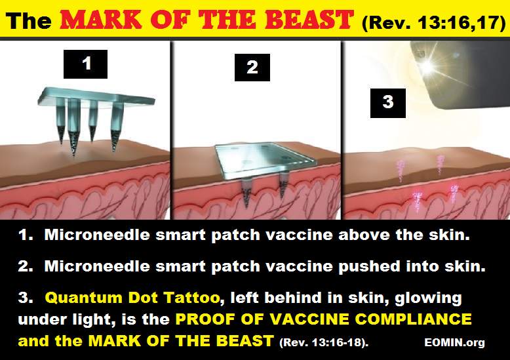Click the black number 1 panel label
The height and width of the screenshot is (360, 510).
click(85, 64)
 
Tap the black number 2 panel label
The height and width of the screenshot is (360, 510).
click(252, 68)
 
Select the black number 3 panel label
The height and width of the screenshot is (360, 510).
click(387, 103)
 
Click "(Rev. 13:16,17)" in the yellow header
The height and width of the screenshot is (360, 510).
click(434, 22)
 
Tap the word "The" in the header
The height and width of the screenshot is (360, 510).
click(29, 20)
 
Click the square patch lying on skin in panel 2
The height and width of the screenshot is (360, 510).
click(264, 160)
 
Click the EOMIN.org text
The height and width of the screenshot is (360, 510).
click(454, 342)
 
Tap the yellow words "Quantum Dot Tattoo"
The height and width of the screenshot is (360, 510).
click(132, 298)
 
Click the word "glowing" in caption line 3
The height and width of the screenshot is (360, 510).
click(428, 298)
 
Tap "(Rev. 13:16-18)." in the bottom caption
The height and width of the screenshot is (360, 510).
click(324, 342)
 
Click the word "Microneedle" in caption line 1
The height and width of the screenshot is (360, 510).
click(97, 234)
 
